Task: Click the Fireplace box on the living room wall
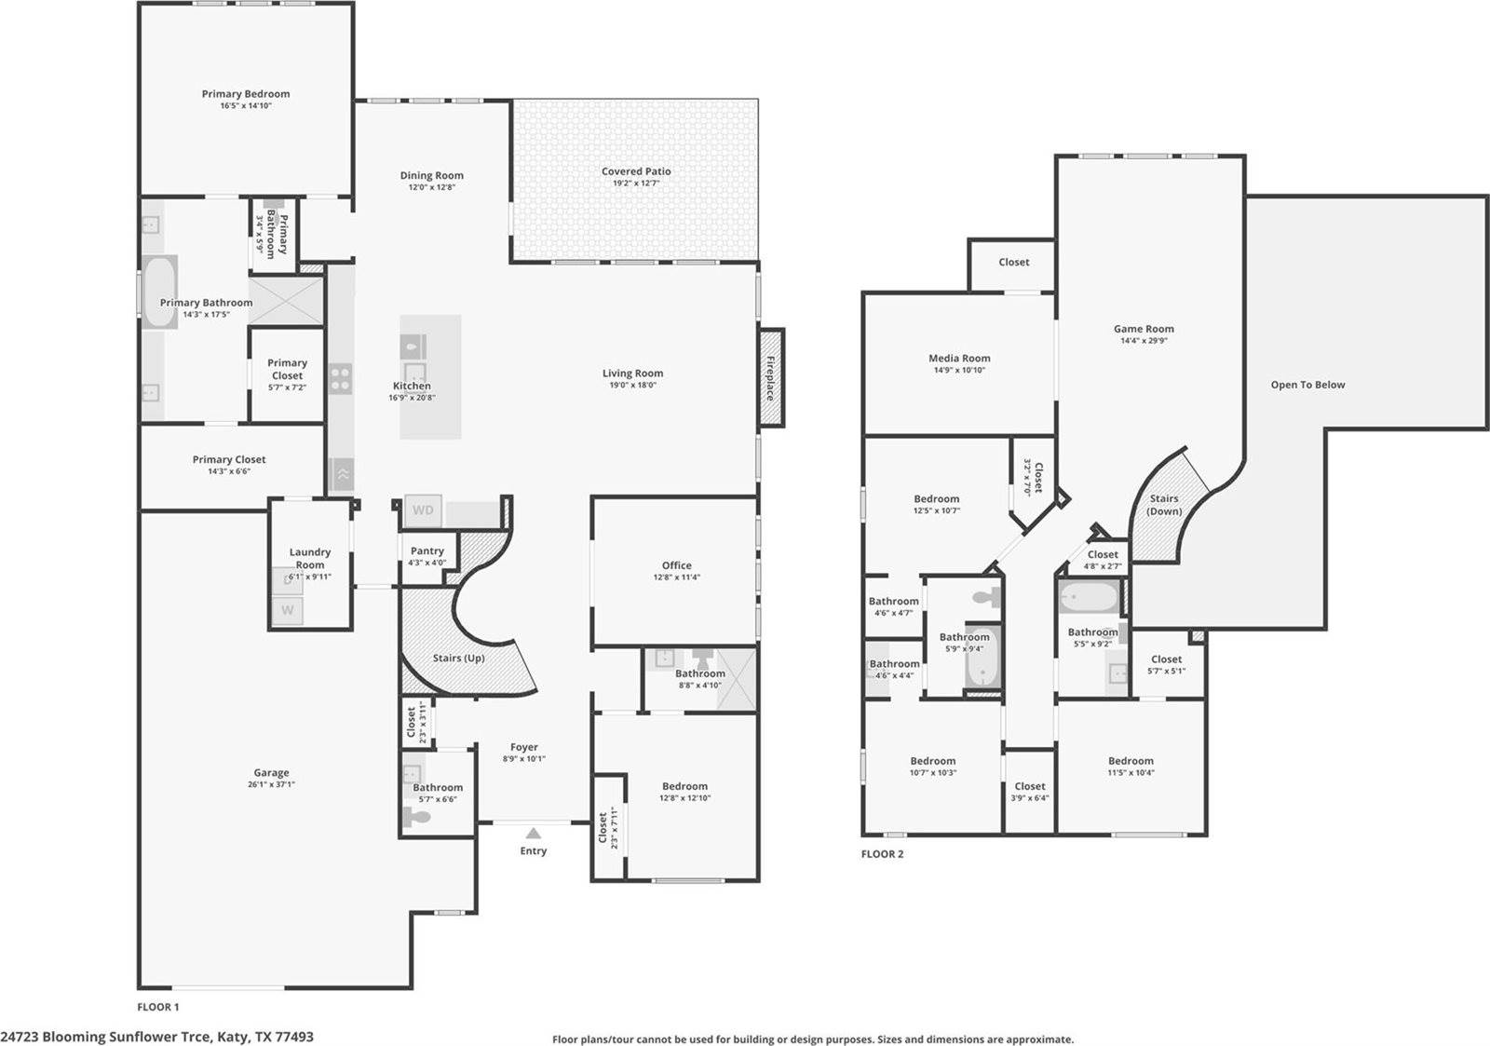[771, 377]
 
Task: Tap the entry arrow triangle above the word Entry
[533, 833]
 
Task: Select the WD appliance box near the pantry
[423, 509]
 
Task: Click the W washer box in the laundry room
[288, 611]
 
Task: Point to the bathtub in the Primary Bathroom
[158, 292]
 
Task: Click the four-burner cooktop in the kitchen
[341, 378]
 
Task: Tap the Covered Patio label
[636, 171]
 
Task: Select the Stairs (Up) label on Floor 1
[458, 658]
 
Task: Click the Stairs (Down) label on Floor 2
[1164, 505]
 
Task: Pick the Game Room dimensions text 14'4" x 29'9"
[1144, 341]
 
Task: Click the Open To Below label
[1307, 385]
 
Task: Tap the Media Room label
[959, 358]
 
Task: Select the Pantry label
[427, 551]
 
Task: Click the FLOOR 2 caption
[882, 854]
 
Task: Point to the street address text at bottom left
[156, 1036]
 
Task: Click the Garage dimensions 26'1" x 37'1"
[271, 784]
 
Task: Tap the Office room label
[677, 565]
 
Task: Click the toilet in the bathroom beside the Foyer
[419, 817]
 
